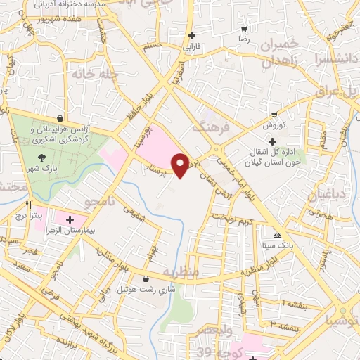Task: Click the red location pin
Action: (x=181, y=165)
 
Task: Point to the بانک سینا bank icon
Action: (x=276, y=234)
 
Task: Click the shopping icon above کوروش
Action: (x=274, y=113)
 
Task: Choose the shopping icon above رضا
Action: (x=244, y=29)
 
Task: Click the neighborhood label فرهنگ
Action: (x=210, y=128)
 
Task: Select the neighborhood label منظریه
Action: (x=181, y=271)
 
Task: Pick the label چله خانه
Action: (x=87, y=72)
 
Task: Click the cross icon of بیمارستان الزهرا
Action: (x=69, y=220)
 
